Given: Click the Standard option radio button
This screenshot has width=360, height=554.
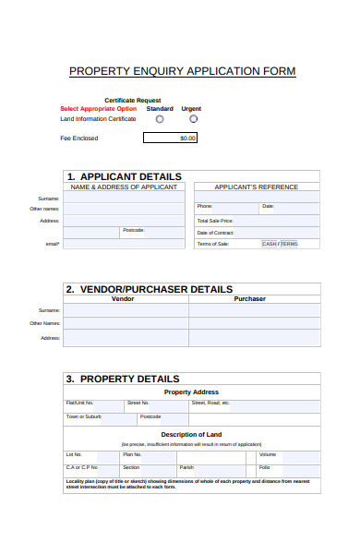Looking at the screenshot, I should pos(160,119).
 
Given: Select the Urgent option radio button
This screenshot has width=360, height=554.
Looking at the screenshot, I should pos(193,119).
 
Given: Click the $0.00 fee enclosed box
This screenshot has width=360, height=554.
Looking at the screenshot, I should pos(171,138).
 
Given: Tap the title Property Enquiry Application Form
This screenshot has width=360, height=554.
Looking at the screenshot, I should pos(183,71).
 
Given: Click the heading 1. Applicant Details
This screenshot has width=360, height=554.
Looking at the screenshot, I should pos(124,176).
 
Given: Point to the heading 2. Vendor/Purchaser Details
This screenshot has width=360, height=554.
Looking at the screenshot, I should pos(149,289).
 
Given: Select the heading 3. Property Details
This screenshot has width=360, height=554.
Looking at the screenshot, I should pos(122,379).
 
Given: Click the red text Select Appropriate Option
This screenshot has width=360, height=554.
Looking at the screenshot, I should pos(98,109).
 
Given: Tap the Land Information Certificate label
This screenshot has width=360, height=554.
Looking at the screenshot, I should pos(98,119).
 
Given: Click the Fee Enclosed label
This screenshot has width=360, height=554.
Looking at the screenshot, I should pos(78,138).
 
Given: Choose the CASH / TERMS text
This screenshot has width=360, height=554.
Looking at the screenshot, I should pos(281,244).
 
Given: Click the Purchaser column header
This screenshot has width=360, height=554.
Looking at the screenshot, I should pos(249,299).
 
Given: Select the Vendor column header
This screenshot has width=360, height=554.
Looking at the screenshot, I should pos(123,299).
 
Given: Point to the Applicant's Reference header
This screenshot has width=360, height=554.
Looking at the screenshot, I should pos(257,187).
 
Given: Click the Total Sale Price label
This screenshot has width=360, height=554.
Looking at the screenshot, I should pos(215,221).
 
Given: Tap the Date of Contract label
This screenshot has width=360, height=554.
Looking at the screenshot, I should pos(216,233).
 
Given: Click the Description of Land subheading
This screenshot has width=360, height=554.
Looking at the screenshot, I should pos(191,435).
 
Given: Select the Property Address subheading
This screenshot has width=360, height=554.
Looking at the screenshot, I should pos(191,391).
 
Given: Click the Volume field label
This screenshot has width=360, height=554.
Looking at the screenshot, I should pos(268,454).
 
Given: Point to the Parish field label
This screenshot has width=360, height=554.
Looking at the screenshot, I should pos(186,467).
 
